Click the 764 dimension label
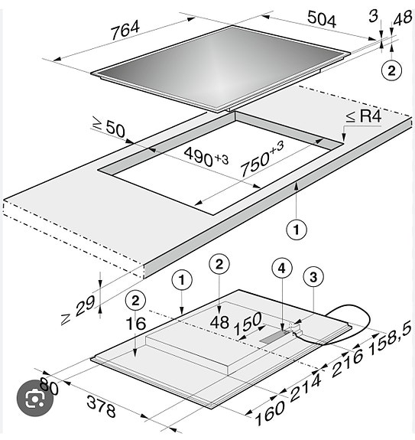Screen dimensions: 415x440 125,31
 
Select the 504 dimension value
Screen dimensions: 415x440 322,19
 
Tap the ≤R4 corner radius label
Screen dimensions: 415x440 364,116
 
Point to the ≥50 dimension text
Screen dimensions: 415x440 109,128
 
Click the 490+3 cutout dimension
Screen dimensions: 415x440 206,158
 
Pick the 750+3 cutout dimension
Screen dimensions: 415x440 262,158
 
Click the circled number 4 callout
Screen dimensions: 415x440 282,269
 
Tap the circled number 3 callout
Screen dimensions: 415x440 313,277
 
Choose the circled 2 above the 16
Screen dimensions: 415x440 135,301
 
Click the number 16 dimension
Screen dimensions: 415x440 136,324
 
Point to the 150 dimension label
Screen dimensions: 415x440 248,324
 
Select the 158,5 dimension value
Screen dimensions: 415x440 391,337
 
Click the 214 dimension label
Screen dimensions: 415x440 305,387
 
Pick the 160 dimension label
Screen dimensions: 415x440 269,412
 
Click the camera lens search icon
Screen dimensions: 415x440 34,398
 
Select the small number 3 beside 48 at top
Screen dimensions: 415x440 374,16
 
